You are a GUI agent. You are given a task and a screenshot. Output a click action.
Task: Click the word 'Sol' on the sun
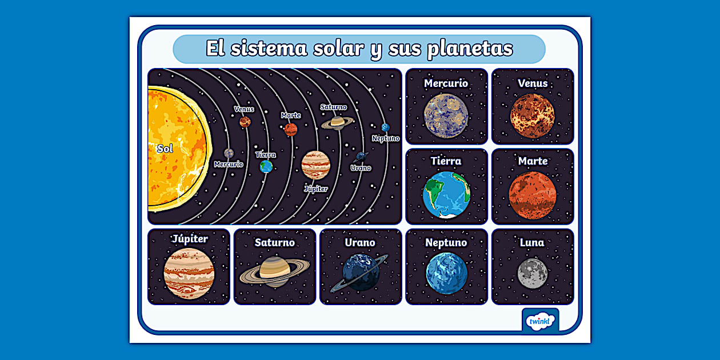[x=165, y=149]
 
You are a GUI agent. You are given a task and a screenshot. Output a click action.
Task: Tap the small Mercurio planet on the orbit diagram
[x=229, y=153]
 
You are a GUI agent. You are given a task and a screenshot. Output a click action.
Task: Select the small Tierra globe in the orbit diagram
[x=266, y=166]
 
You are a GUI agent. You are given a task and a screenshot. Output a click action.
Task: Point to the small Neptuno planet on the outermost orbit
[x=386, y=127]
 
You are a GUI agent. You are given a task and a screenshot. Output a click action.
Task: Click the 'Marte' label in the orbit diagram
[x=291, y=115]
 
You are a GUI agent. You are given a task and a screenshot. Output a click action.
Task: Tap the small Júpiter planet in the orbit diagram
[x=316, y=165]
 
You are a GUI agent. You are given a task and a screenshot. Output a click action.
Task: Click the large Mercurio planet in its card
[x=446, y=116]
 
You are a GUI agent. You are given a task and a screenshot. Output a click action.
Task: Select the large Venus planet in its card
[x=533, y=116]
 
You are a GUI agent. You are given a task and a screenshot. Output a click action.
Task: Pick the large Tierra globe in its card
[x=446, y=195]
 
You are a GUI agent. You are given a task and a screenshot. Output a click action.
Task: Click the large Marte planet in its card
[x=533, y=195]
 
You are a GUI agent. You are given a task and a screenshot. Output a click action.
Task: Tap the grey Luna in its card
[x=533, y=273]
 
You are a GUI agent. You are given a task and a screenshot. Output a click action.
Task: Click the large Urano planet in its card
[x=361, y=272]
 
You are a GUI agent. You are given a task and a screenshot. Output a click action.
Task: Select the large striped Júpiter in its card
[x=189, y=273]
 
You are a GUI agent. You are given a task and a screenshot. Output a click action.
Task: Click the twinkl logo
[x=541, y=321]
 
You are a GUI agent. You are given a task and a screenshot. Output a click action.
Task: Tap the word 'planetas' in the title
[x=470, y=49]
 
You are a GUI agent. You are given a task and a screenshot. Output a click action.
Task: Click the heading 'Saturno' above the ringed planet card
[x=275, y=242]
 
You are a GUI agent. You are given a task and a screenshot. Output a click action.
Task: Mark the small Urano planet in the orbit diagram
[x=361, y=156]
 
